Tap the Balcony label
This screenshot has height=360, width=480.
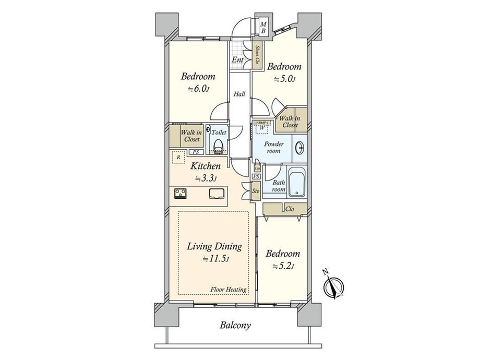click(235, 326)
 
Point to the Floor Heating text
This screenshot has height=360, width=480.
click(229, 290)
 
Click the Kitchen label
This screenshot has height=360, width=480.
click(205, 166)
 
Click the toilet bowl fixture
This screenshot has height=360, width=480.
click(218, 144)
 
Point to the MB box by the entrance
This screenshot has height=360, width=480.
click(263, 28)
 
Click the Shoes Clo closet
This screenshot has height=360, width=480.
click(258, 54)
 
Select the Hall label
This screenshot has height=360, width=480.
click(239, 94)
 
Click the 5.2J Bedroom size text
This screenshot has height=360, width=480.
click(283, 266)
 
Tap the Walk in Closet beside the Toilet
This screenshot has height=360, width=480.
click(191, 137)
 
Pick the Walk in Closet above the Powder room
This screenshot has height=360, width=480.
click(290, 122)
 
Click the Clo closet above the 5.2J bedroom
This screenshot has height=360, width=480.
click(285, 209)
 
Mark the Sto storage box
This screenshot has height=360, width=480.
click(256, 190)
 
